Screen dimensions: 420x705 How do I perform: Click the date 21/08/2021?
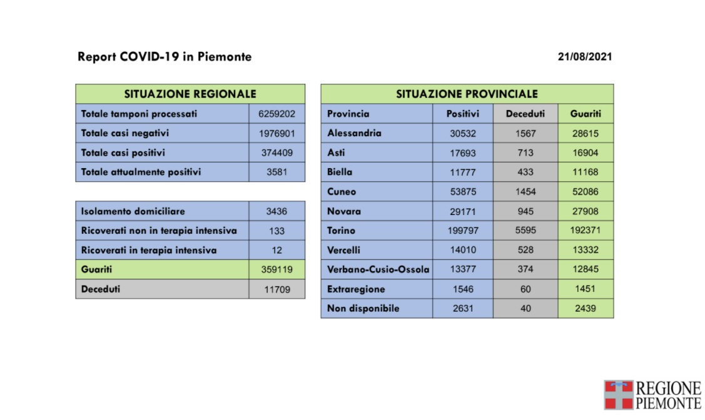coord(584,57)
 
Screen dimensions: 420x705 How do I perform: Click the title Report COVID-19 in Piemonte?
coord(165,57)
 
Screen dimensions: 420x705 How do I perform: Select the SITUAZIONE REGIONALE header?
coord(190,94)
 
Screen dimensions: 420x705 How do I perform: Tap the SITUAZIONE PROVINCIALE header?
coord(467,94)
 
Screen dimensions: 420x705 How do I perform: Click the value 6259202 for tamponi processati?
coord(276,114)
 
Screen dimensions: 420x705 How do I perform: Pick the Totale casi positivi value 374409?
coord(276,152)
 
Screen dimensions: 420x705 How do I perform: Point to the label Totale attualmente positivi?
coord(141,172)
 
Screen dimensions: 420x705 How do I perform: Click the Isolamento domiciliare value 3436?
coord(276,211)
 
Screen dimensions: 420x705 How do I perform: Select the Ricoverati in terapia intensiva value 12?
coord(276,250)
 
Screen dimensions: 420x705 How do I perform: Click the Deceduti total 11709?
coord(276,289)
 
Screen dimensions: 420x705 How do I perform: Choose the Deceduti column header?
coord(525,114)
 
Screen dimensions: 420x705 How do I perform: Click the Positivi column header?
coord(463,114)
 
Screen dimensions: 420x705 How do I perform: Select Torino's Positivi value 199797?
coord(463,231)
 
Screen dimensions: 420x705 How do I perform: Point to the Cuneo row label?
coord(342,191)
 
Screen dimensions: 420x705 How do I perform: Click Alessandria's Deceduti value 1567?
coord(525,133)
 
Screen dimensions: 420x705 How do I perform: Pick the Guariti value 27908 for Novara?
coord(585,211)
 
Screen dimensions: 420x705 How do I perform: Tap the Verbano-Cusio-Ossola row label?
coord(378,269)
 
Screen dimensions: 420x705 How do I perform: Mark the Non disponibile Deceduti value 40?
coord(525,308)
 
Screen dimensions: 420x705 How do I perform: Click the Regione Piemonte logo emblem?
coord(618,395)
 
